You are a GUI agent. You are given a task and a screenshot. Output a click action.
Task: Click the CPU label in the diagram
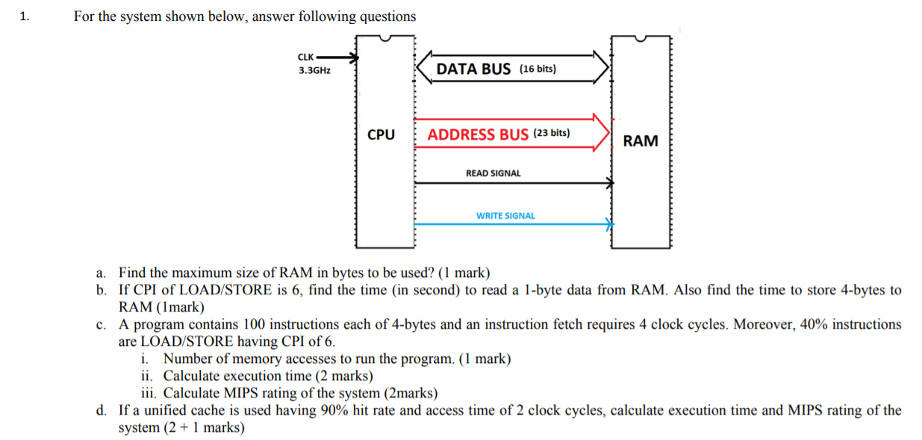coord(381,135)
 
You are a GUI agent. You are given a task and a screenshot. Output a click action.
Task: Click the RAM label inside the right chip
coord(641,140)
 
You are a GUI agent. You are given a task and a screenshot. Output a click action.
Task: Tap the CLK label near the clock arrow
coord(306,57)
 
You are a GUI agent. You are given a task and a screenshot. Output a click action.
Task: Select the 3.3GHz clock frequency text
coord(314,70)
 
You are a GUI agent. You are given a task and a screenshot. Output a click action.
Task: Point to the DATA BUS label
coord(473,69)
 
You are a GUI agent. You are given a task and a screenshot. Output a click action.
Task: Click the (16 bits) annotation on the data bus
coord(538,69)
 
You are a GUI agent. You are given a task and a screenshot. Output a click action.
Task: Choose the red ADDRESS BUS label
coord(478,134)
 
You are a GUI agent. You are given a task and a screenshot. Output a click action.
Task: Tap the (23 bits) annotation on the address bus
coord(552,134)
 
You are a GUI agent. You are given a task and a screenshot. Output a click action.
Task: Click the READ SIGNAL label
coord(493,173)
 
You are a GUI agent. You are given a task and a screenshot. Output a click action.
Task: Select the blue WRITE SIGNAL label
coord(505,216)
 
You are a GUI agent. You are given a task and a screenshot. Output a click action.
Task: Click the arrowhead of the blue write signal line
coord(609,223)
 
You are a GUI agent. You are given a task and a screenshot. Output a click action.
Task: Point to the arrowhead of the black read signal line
coord(609,182)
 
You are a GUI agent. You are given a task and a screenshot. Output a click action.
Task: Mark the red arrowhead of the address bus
coord(602,133)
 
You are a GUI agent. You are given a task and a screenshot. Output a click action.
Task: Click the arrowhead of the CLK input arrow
coord(355,57)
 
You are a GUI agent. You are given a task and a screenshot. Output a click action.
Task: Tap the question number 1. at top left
coord(25,16)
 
